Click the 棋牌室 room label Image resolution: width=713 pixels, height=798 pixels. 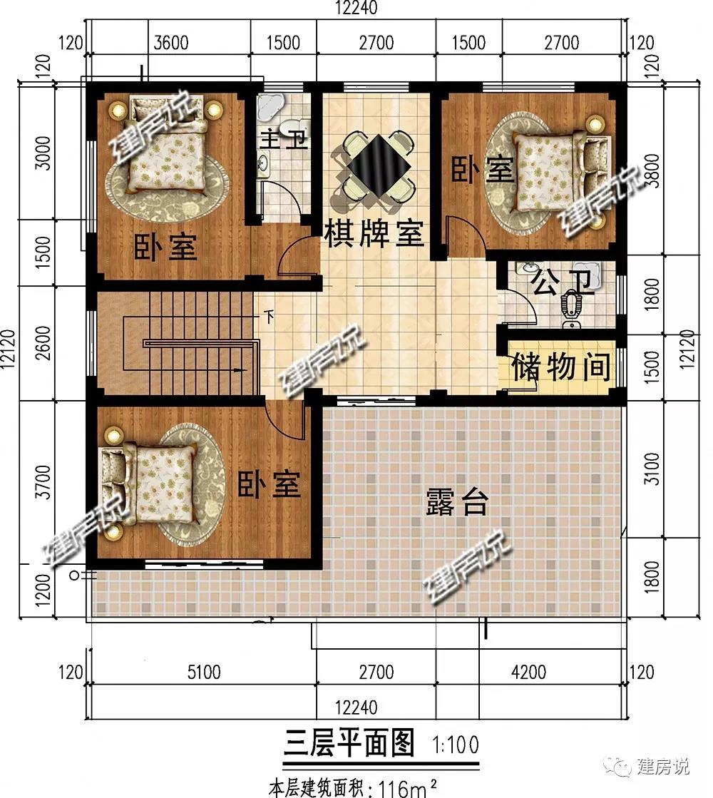(x=374, y=233)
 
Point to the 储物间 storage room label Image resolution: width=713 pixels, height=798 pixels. (x=560, y=367)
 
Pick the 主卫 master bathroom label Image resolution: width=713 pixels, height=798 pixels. (x=284, y=138)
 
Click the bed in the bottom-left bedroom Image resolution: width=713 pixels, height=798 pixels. (x=148, y=483)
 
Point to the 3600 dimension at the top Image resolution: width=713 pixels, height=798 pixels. (x=171, y=43)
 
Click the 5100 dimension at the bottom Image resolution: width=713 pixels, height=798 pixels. (x=204, y=672)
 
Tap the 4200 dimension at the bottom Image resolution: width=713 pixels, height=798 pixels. (x=529, y=672)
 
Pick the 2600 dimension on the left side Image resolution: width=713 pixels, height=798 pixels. (x=43, y=343)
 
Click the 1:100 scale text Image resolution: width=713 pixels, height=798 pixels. (x=456, y=745)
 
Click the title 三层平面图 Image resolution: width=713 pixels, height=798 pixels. (x=349, y=743)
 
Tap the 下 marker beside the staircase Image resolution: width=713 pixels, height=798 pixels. (x=270, y=317)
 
